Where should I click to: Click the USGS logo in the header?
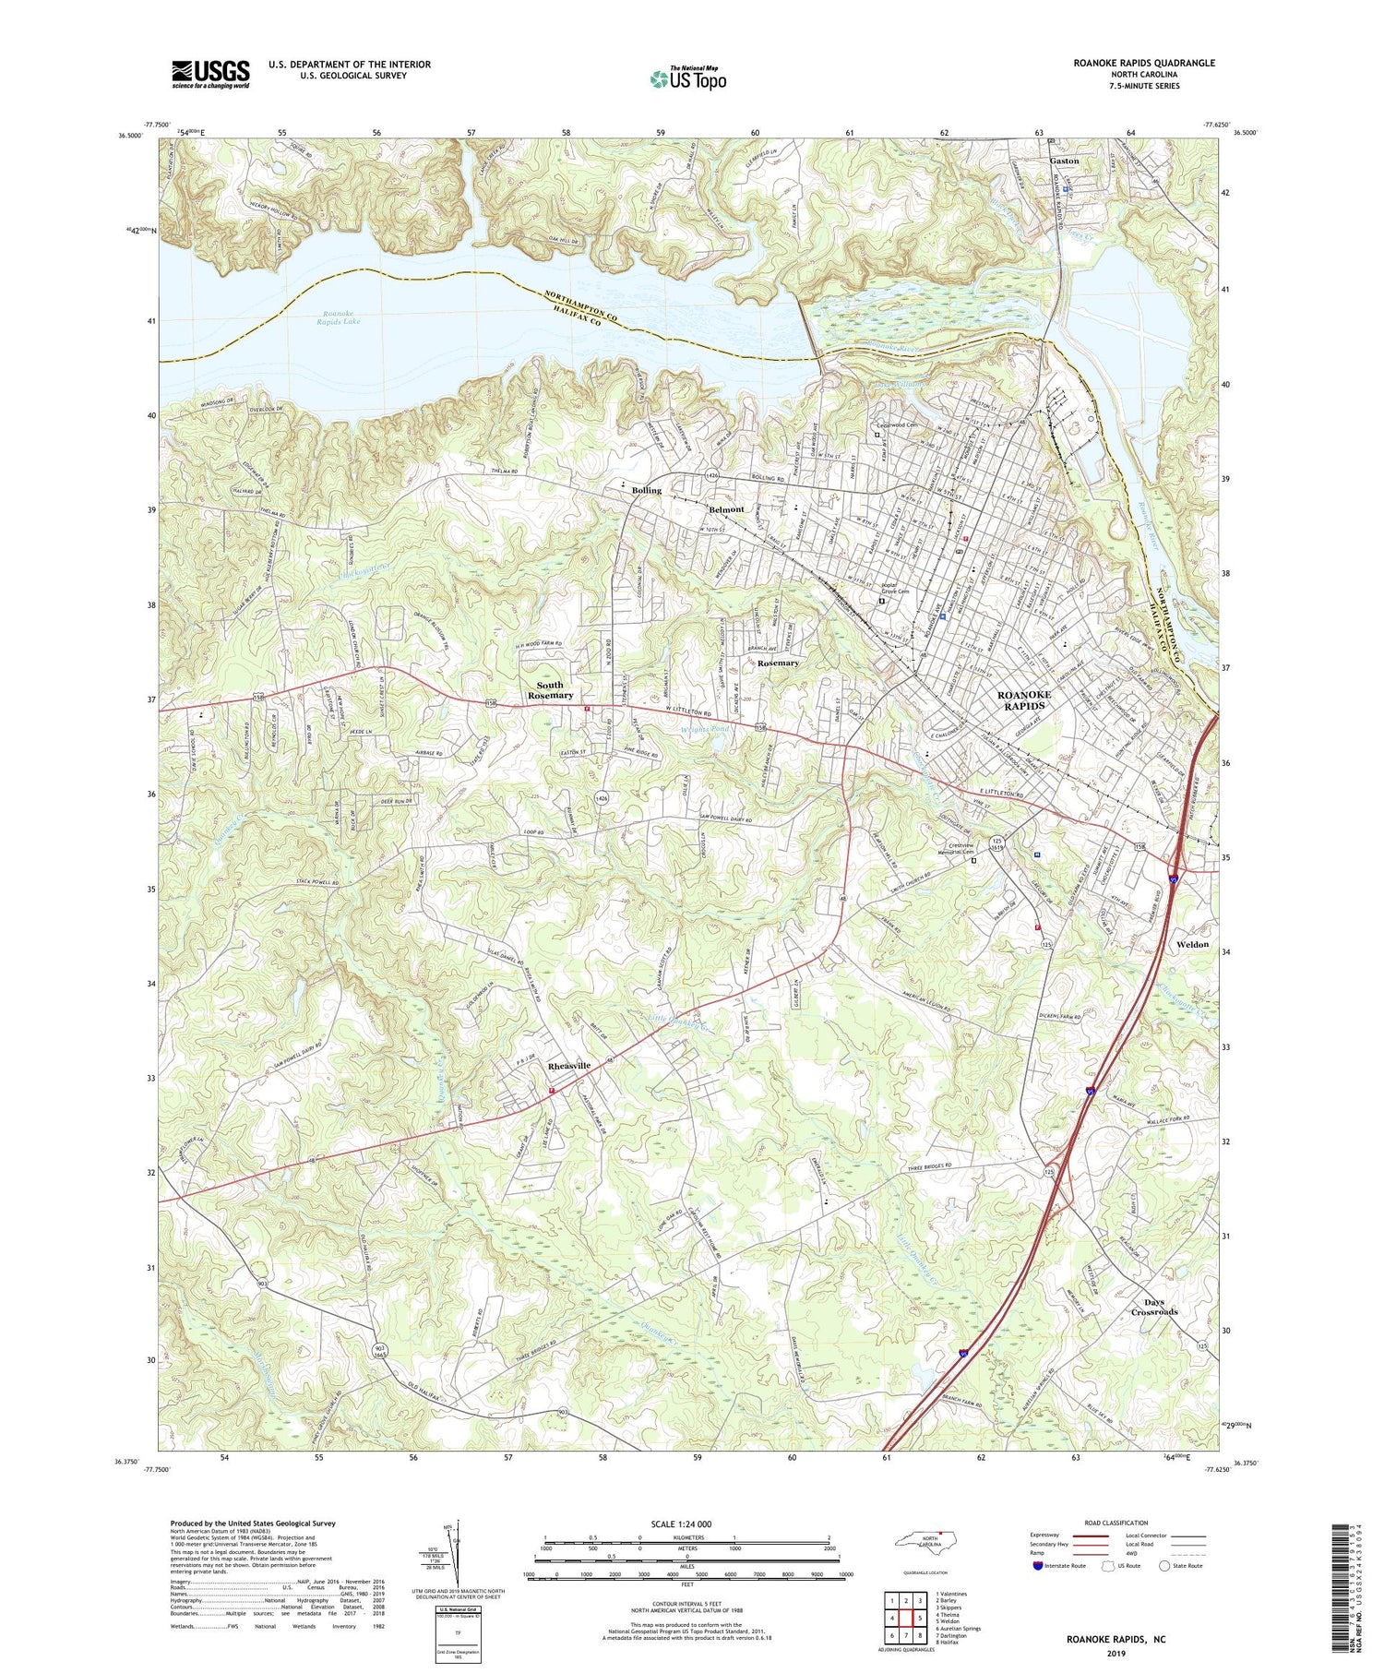point(210,74)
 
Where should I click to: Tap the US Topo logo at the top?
point(687,79)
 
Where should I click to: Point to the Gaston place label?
point(1064,161)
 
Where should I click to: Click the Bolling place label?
point(647,491)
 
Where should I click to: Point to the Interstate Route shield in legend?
point(1039,1565)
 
